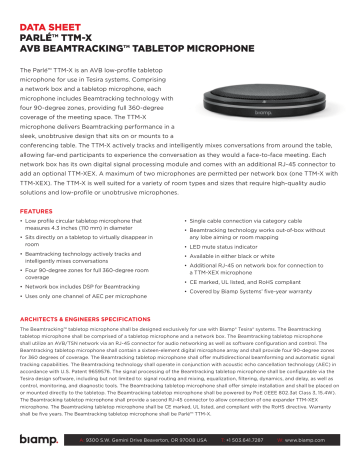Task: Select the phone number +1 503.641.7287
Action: click(x=251, y=440)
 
